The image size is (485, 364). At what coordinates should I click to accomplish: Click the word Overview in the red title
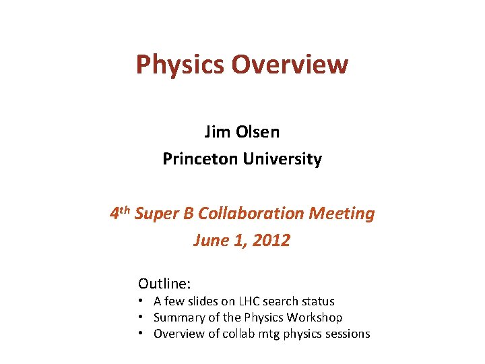point(290,65)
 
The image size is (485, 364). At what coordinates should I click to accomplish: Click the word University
point(281,159)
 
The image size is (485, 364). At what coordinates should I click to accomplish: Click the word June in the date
point(209,240)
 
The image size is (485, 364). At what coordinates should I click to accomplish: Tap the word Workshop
point(315,317)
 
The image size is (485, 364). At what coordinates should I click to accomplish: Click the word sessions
point(347,334)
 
